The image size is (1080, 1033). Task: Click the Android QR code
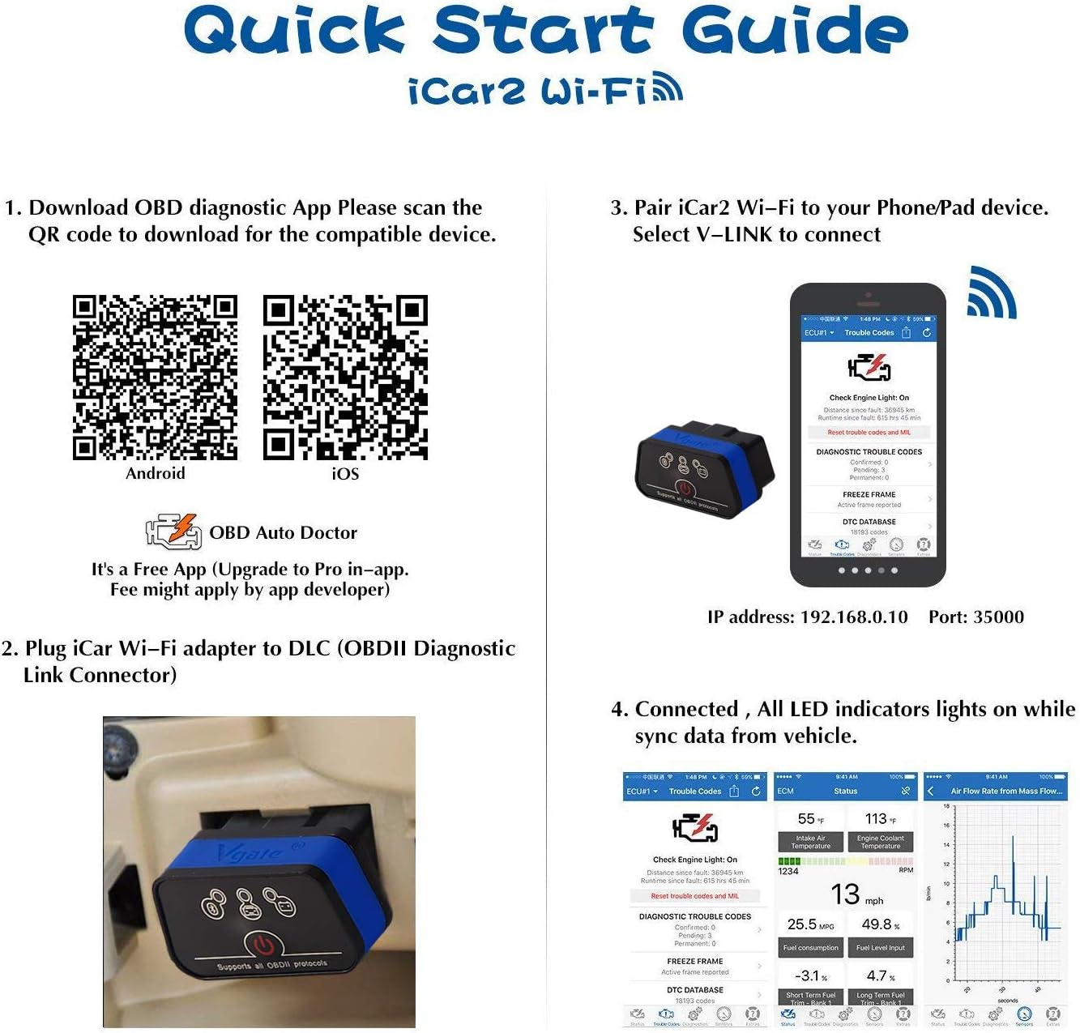pyautogui.click(x=155, y=378)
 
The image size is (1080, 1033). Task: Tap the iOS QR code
pyautogui.click(x=345, y=378)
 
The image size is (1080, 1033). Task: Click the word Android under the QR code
pyautogui.click(x=155, y=473)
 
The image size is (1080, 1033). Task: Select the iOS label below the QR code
pyautogui.click(x=345, y=473)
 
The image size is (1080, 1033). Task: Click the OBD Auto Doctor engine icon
pyautogui.click(x=173, y=531)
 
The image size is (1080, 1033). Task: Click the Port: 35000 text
pyautogui.click(x=975, y=617)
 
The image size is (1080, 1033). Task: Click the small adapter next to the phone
pyautogui.click(x=704, y=469)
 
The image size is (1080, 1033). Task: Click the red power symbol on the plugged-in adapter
pyautogui.click(x=263, y=945)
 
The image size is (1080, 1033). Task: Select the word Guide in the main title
pyautogui.click(x=794, y=31)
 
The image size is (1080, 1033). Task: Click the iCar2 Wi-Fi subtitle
pyautogui.click(x=544, y=91)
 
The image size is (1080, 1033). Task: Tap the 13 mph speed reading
pyautogui.click(x=856, y=894)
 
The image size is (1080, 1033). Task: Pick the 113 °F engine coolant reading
pyautogui.click(x=880, y=819)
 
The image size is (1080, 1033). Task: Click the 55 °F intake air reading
pyautogui.click(x=810, y=819)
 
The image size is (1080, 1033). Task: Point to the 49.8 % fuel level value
pyautogui.click(x=880, y=924)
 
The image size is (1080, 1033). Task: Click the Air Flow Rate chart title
pyautogui.click(x=1005, y=791)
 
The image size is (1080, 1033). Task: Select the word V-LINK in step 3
pyautogui.click(x=734, y=235)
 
